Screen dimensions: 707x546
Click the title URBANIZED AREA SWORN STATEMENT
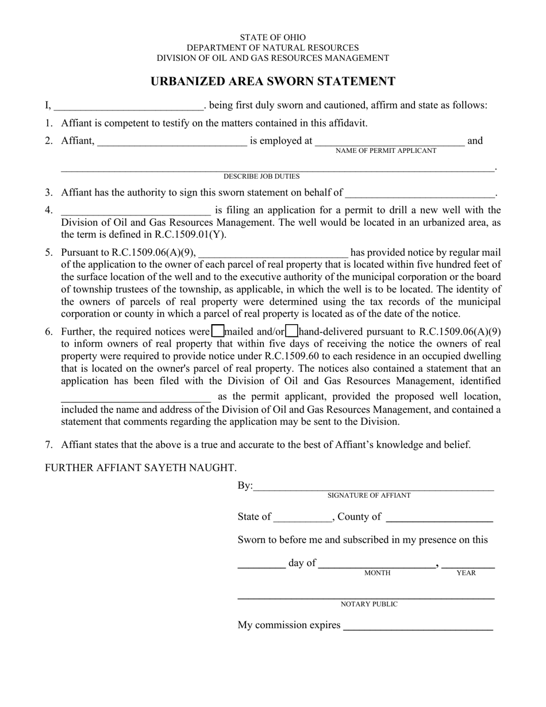tap(272, 82)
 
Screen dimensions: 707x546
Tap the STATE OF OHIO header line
tap(273, 37)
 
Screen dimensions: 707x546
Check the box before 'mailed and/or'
tap(218, 331)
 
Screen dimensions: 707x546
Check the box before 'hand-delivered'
tap(292, 331)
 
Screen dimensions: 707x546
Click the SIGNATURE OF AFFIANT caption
tap(369, 495)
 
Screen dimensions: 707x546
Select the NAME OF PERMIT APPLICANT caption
tap(386, 151)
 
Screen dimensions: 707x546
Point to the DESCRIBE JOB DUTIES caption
tap(262, 176)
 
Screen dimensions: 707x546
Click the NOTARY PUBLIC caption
tap(369, 604)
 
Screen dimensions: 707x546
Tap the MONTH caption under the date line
tap(378, 573)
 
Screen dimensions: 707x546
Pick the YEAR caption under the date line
tap(466, 573)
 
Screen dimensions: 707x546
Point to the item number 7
tap(49, 444)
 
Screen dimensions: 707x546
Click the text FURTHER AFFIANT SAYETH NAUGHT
tap(141, 468)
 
